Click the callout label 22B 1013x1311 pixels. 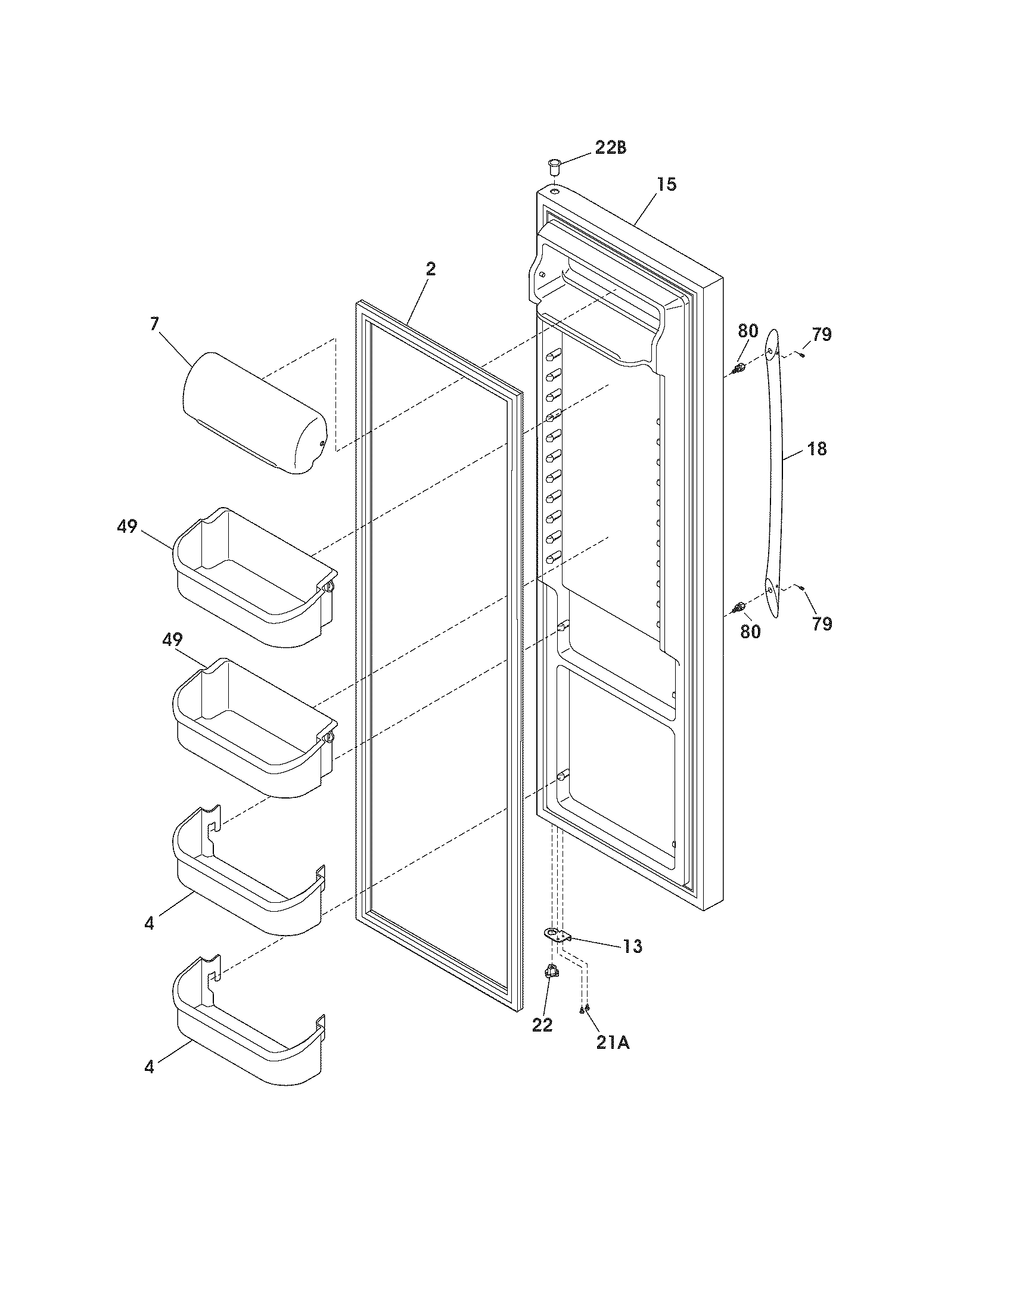(610, 148)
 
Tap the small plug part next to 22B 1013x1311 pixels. (554, 164)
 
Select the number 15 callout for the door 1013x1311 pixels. (666, 185)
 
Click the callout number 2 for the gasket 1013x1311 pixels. (430, 269)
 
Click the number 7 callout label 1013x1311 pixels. (154, 325)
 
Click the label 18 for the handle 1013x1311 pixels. (818, 448)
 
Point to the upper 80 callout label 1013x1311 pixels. (748, 332)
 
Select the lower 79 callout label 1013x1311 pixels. (822, 625)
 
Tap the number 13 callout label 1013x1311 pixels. (632, 947)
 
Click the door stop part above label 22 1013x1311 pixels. (550, 971)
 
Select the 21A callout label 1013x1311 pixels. (613, 1044)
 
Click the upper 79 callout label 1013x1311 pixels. (822, 335)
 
